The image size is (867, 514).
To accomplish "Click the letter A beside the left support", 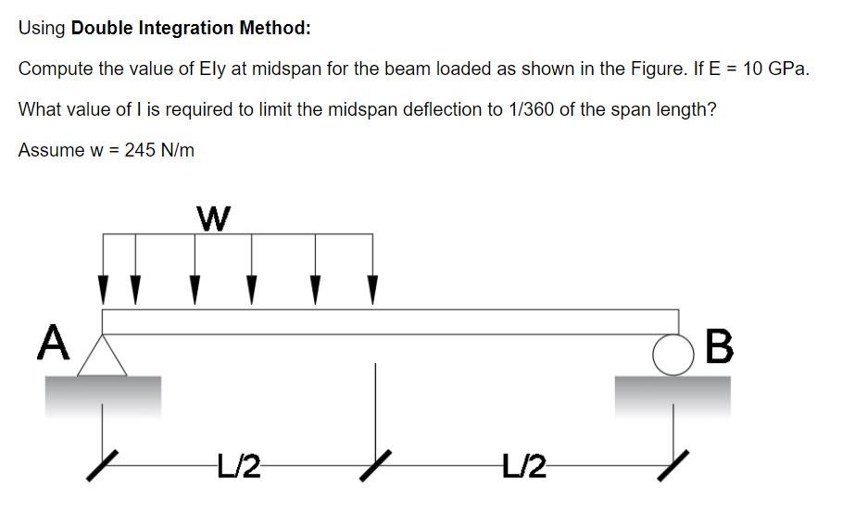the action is click(54, 344).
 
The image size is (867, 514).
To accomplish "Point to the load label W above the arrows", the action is click(213, 219).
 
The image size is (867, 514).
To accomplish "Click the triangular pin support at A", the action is click(102, 356).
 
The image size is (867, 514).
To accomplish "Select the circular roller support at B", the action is click(669, 354).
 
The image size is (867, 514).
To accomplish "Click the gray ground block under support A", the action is click(103, 395).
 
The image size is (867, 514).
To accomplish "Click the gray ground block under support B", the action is click(672, 395).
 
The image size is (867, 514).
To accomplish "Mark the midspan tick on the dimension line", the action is click(374, 463).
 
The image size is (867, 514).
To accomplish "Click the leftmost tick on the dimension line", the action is click(103, 464).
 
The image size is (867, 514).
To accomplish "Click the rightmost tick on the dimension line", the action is click(673, 464).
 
